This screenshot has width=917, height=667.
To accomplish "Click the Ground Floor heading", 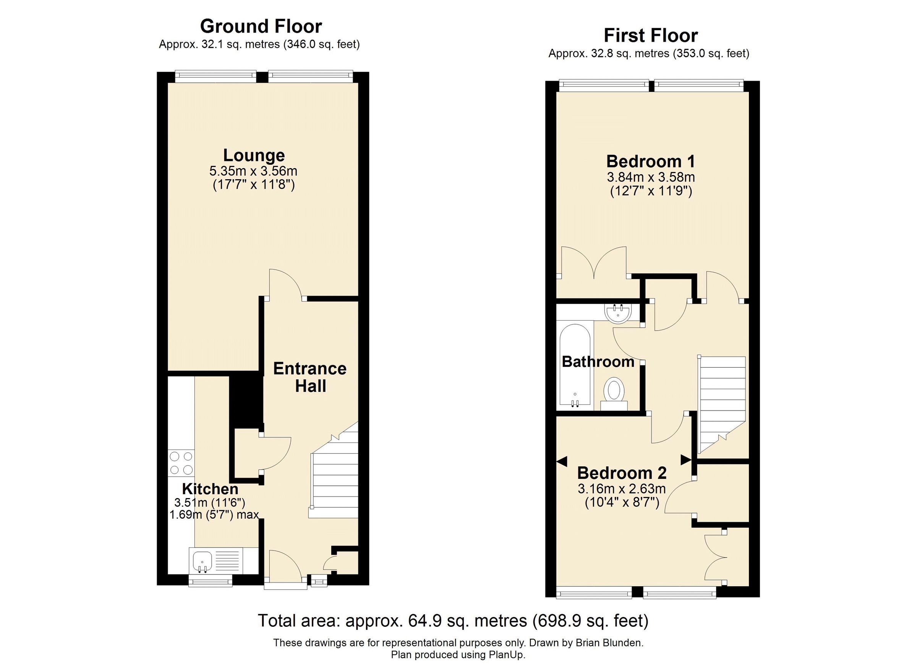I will [x=261, y=26].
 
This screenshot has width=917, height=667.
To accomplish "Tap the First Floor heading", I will [x=651, y=36].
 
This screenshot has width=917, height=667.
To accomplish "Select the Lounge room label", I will [x=254, y=155].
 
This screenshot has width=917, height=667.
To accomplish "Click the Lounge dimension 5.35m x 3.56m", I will [x=253, y=171].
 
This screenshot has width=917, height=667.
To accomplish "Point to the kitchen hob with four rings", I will [x=181, y=463].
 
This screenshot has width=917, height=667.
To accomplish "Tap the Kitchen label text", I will [x=210, y=489].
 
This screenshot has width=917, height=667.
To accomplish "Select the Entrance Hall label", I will [x=310, y=377].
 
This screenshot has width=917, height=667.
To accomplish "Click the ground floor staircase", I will [x=335, y=481].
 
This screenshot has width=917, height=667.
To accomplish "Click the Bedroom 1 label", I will [x=651, y=161].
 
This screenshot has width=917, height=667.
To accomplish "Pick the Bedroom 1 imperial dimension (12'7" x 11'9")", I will [x=651, y=190].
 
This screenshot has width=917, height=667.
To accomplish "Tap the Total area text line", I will [x=453, y=620].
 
